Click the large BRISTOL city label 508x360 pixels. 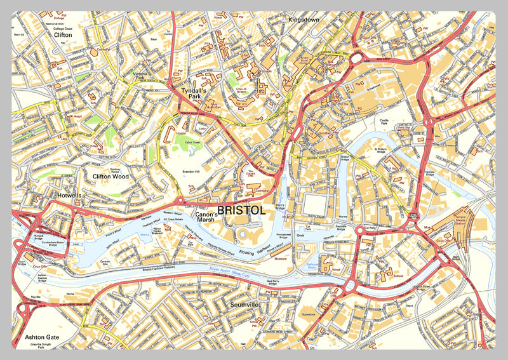click(x=241, y=209)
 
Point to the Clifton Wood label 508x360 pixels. click(x=110, y=177)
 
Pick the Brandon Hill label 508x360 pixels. click(x=191, y=171)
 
